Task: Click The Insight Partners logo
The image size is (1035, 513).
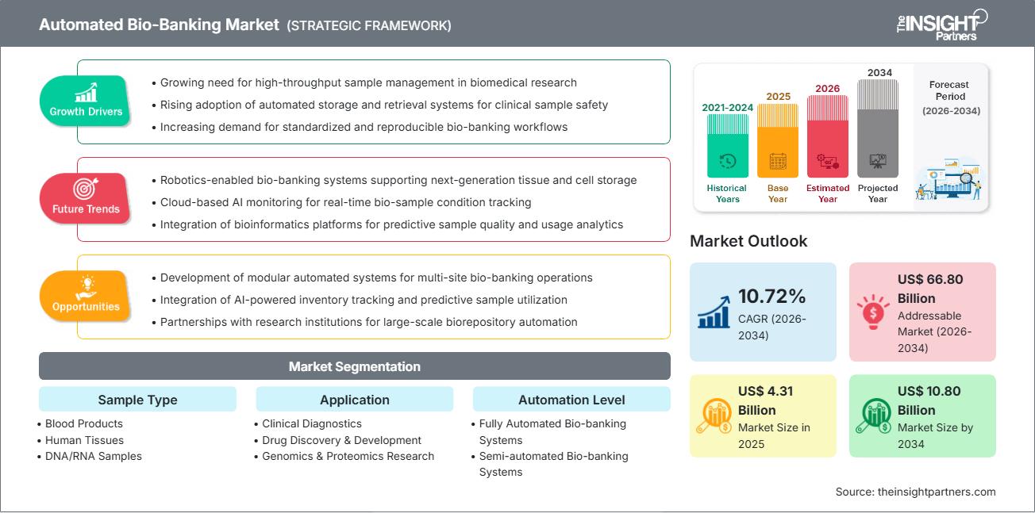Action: tap(941, 24)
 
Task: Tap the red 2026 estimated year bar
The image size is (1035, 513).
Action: tap(828, 136)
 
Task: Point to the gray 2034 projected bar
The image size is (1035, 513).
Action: tap(878, 128)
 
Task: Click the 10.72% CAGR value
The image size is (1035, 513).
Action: tap(771, 297)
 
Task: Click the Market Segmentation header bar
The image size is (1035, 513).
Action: tap(354, 366)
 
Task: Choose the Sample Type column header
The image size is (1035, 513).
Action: tap(137, 400)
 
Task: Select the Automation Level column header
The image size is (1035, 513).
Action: tap(571, 400)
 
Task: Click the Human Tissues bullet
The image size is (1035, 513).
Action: tap(84, 440)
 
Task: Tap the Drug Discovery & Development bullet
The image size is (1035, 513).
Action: tap(341, 440)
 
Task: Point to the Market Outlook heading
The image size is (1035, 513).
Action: tap(748, 241)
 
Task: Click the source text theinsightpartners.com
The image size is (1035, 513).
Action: tap(915, 492)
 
